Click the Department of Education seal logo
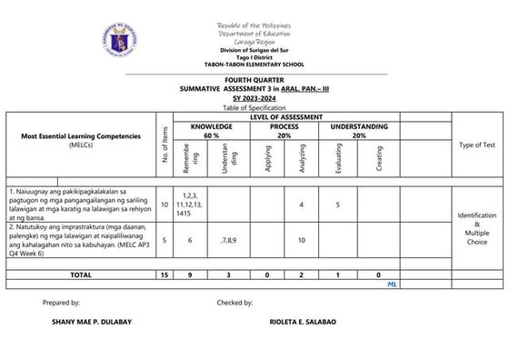[118, 38]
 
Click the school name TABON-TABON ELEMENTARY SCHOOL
[254, 64]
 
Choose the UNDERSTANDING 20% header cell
[359, 131]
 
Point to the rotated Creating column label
[378, 158]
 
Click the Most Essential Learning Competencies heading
[82, 136]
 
